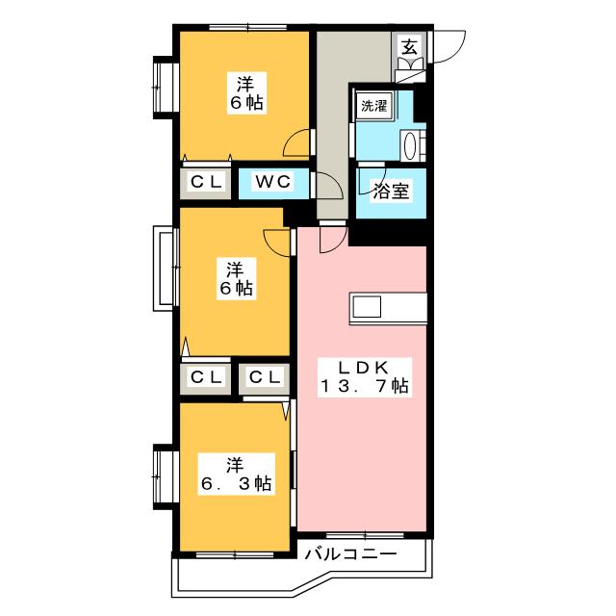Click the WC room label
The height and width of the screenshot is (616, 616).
[273, 182]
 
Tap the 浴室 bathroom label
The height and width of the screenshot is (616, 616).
[391, 192]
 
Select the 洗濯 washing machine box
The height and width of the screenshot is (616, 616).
[374, 106]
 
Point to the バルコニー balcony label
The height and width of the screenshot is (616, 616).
[350, 554]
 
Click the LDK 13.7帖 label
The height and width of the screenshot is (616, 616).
[364, 377]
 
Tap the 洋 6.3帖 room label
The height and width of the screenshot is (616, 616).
[236, 475]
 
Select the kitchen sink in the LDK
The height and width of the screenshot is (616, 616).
[367, 307]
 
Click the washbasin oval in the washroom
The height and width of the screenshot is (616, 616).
[409, 145]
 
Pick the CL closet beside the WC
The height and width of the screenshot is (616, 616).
[205, 182]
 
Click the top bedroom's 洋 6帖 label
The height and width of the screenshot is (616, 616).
[246, 93]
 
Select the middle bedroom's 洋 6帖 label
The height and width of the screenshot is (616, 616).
[236, 278]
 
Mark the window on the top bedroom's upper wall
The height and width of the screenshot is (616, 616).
[248, 28]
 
